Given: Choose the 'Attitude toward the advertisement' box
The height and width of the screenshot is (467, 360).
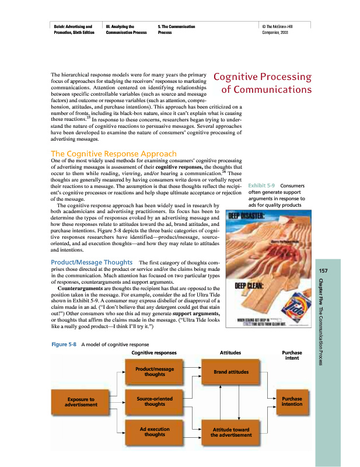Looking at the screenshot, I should [x=230, y=431].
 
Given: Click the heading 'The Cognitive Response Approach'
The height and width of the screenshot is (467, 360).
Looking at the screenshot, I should [x=114, y=154].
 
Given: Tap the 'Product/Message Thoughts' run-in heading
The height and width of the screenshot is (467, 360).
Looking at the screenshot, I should [x=92, y=262].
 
